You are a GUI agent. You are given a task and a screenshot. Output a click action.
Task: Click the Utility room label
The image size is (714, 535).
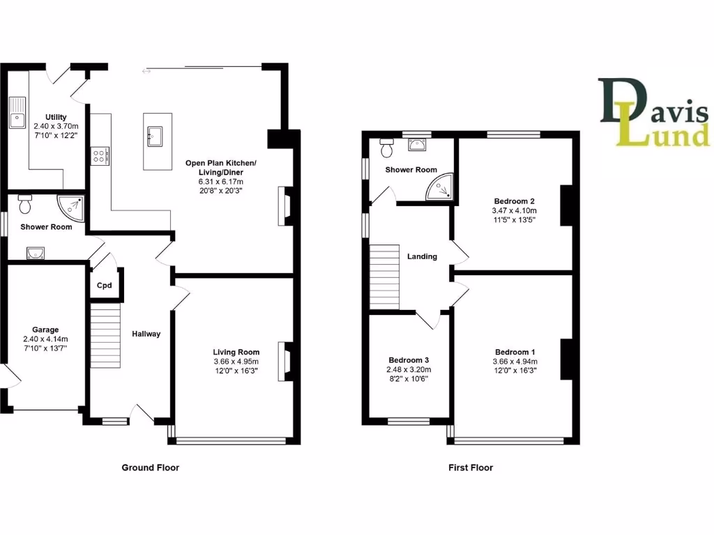[x=55, y=116]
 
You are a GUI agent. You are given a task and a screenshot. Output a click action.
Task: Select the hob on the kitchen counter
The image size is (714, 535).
[x=99, y=156]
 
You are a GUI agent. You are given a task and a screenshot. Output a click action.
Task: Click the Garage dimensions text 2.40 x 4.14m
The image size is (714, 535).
[x=55, y=339]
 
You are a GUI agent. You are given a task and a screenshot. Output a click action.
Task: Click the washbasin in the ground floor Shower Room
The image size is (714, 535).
[x=36, y=253]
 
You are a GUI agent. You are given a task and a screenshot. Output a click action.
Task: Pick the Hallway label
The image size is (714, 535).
[x=146, y=334]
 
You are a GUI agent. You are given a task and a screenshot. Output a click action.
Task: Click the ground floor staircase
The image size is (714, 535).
[x=105, y=334]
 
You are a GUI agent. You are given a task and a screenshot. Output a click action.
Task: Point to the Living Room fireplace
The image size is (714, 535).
[x=284, y=362]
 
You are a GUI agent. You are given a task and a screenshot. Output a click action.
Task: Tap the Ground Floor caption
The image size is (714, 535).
[x=150, y=467]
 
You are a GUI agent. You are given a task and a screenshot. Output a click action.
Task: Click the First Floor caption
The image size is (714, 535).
[x=471, y=467]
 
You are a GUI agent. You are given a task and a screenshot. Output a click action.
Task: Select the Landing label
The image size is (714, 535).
[x=422, y=256]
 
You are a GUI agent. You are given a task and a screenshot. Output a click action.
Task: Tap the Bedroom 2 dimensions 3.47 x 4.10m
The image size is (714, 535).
[x=515, y=210]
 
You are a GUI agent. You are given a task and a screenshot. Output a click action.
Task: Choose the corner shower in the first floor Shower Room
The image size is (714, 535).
[x=440, y=186]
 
